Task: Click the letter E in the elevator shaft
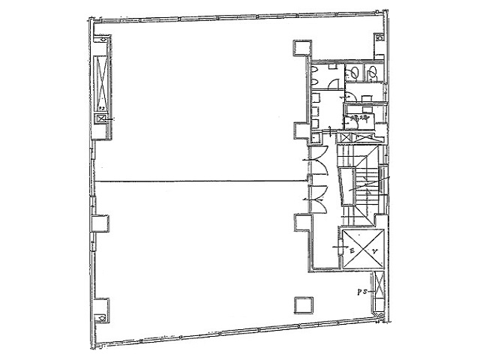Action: click(x=352, y=252)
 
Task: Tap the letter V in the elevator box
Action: click(x=372, y=252)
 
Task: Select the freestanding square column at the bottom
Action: click(x=303, y=304)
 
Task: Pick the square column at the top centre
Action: click(x=301, y=49)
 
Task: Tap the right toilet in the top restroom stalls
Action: click(x=371, y=72)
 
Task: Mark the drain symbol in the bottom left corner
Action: click(x=100, y=317)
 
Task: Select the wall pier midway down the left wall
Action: click(x=98, y=223)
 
